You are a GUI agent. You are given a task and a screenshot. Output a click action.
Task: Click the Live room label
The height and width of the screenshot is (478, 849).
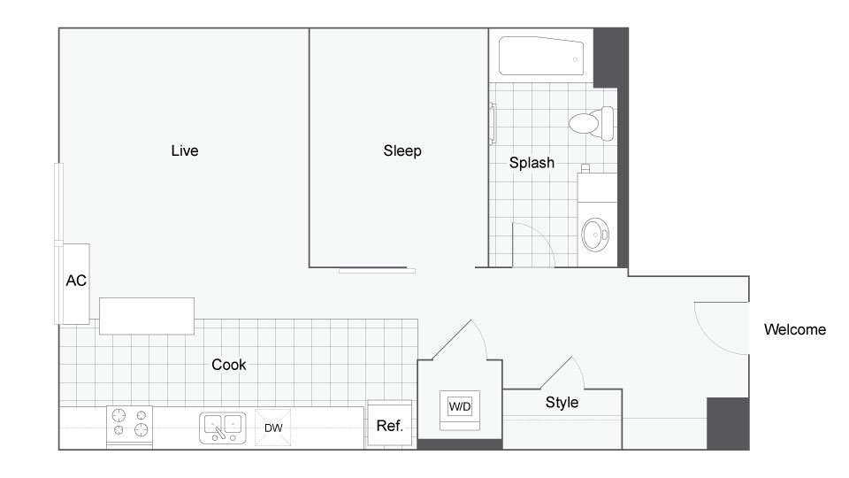click(x=185, y=150)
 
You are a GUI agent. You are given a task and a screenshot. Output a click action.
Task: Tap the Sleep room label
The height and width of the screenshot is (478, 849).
click(x=402, y=150)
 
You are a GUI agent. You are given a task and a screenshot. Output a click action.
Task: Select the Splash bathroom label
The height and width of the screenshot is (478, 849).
click(x=532, y=163)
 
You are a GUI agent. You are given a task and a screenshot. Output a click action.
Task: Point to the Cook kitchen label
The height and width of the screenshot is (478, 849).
click(x=228, y=364)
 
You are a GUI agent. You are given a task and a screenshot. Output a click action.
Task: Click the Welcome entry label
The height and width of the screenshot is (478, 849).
click(x=795, y=329)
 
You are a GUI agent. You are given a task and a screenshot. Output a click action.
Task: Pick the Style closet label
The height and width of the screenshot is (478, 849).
click(x=562, y=402)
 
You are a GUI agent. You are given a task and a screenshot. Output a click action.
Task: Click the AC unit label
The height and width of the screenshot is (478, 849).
click(x=76, y=281)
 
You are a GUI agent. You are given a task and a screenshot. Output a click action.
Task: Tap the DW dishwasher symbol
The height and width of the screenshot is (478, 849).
click(x=273, y=428)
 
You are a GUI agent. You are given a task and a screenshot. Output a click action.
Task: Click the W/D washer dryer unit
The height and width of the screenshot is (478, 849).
click(x=460, y=410)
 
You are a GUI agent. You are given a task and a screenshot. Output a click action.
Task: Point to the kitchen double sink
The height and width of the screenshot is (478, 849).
click(x=223, y=428)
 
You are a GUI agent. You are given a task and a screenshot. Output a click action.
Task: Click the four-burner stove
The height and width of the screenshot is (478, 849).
click(x=129, y=427)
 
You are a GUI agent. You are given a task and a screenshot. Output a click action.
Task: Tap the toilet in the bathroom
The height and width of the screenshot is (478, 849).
click(x=592, y=123)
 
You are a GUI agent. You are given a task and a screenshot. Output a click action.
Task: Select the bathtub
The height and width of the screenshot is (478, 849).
click(x=541, y=56)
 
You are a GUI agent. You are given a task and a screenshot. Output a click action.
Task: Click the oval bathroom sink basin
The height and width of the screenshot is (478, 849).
click(x=594, y=235)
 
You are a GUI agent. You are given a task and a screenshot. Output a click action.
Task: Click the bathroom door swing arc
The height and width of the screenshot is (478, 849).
click(x=543, y=237)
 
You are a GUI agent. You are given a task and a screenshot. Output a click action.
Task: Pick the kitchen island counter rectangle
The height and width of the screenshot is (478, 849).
click(x=147, y=316)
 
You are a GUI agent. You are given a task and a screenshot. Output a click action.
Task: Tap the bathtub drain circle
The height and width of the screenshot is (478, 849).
click(x=575, y=59)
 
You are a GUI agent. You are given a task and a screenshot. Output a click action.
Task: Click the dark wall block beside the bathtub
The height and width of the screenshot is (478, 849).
click(x=611, y=58)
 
